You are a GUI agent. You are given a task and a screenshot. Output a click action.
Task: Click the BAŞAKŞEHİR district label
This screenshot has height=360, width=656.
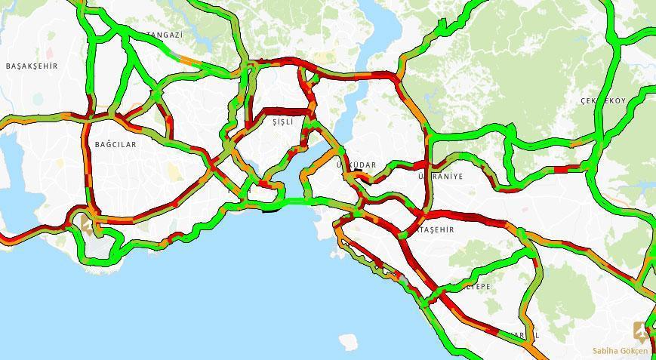pyautogui.click(x=32, y=66)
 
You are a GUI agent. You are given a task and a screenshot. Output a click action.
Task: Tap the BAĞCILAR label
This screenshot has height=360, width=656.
pyautogui.click(x=115, y=144)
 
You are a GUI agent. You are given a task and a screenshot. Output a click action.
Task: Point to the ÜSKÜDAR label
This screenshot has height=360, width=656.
pyautogui.click(x=356, y=165)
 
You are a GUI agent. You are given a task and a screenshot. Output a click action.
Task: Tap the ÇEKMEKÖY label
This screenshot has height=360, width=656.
pyautogui.click(x=603, y=101)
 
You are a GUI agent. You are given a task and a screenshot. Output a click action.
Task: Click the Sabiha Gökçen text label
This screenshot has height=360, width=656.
pyautogui.click(x=620, y=351)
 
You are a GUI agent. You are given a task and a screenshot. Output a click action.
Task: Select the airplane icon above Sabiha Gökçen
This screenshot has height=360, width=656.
pyautogui.click(x=642, y=331)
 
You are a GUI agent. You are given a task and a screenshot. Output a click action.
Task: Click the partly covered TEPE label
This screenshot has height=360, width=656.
pyautogui.click(x=479, y=287)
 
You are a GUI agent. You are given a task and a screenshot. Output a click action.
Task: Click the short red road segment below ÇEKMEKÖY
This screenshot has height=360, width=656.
pyautogui.click(x=562, y=168)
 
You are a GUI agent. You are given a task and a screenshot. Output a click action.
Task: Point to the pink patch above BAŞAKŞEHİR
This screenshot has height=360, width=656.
pyautogui.click(x=50, y=53)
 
